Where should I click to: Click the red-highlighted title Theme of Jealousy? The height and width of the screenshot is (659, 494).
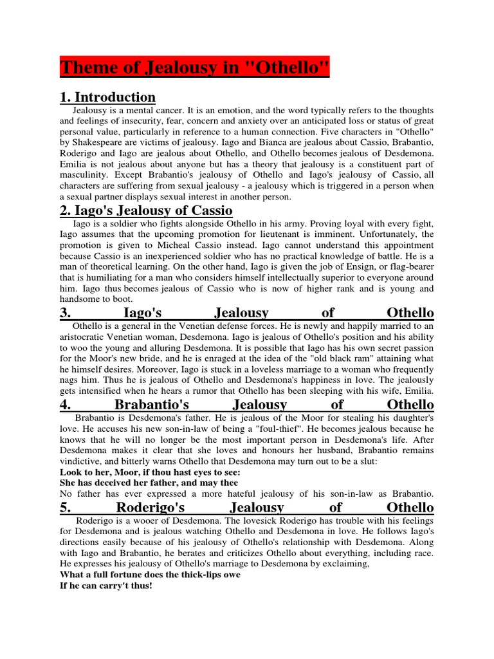point(194,67)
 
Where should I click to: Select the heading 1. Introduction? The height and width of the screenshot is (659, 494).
point(107,98)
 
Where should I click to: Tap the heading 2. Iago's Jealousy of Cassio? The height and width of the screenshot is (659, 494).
point(146,210)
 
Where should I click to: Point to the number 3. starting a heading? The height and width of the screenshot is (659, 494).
point(65,313)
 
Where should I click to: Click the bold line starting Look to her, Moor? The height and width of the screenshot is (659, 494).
point(150,472)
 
